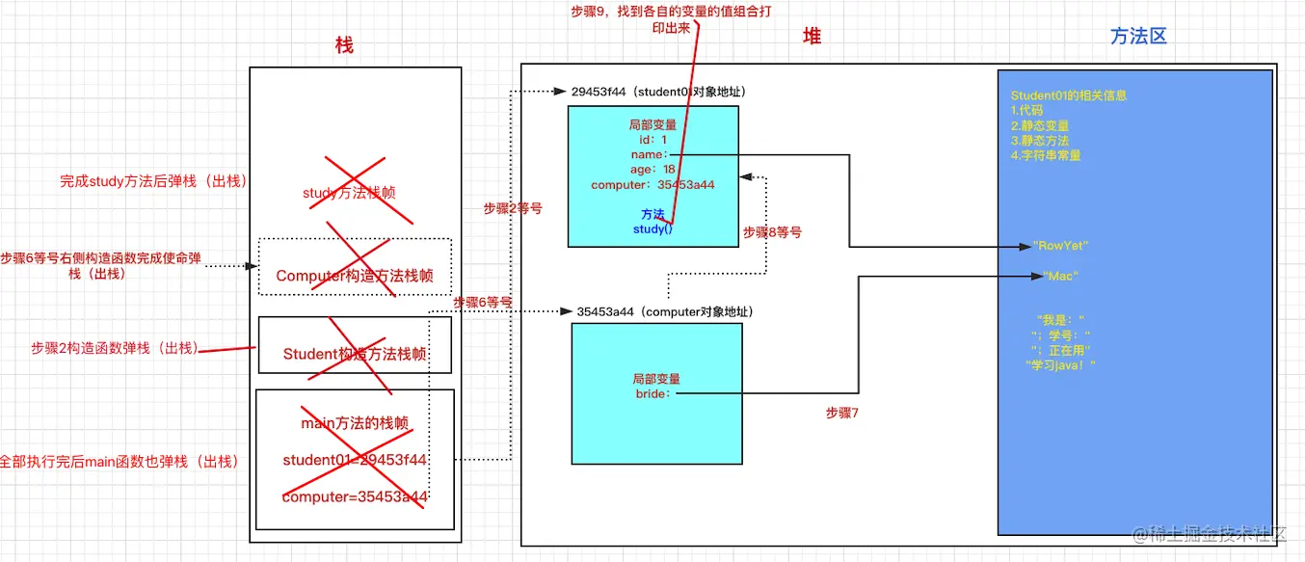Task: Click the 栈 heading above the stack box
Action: [x=344, y=44]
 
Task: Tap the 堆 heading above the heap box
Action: [x=812, y=36]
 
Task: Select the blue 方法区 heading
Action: [x=1138, y=36]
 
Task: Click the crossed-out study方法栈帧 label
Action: [x=348, y=193]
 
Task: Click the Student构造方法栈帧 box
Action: [x=355, y=354]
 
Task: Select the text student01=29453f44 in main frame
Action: [x=354, y=460]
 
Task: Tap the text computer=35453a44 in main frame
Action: [x=354, y=496]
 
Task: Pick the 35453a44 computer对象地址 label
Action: [x=664, y=312]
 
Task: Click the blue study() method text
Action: [x=652, y=229]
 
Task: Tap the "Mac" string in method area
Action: [x=1060, y=277]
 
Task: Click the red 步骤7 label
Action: [x=841, y=413]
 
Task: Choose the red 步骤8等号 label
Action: [x=772, y=232]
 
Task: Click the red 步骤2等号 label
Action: [x=513, y=207]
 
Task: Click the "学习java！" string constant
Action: [x=1061, y=364]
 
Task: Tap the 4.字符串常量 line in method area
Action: [x=1046, y=154]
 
